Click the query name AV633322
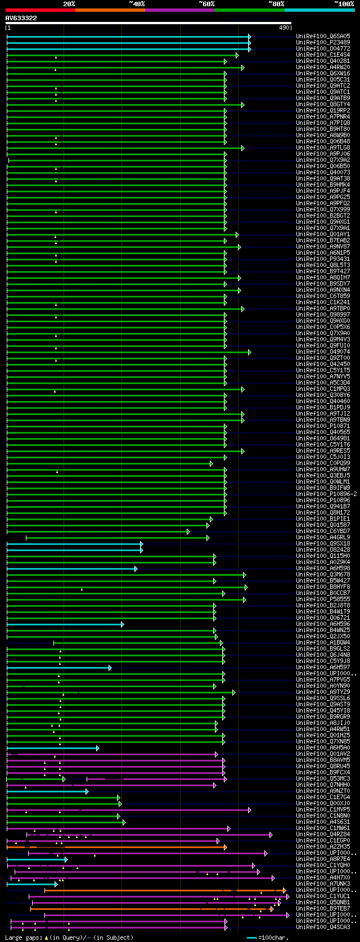pos(21,18)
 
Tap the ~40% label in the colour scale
pos(137,4)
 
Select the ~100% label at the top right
pos(344,4)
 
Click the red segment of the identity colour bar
pos(40,10)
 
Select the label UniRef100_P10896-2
pos(326,494)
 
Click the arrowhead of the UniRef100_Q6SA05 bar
pos(249,37)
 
